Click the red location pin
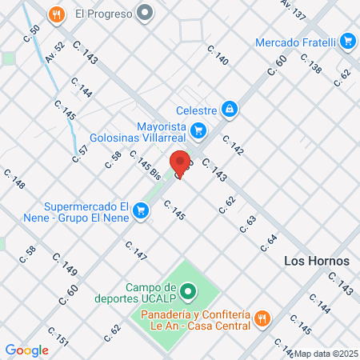(181, 163)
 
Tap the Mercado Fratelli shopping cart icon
(346, 42)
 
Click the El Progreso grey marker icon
(145, 13)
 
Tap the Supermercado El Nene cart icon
(141, 211)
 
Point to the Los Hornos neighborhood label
(314, 262)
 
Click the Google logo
(27, 350)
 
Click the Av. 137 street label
(294, 10)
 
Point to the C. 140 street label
(217, 55)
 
